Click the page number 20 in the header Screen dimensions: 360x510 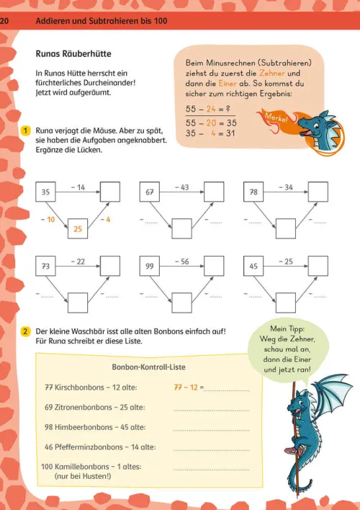click(4, 22)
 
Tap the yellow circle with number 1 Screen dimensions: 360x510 click(24, 130)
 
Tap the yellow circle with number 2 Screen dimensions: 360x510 click(24, 331)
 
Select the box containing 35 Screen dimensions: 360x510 click(45, 193)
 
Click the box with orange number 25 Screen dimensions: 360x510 click(78, 228)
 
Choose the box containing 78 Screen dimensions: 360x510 click(253, 193)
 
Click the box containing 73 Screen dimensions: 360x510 click(45, 267)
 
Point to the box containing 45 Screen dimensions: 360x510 click(253, 267)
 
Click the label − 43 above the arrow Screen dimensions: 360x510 click(183, 187)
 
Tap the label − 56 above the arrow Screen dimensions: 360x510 click(183, 261)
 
